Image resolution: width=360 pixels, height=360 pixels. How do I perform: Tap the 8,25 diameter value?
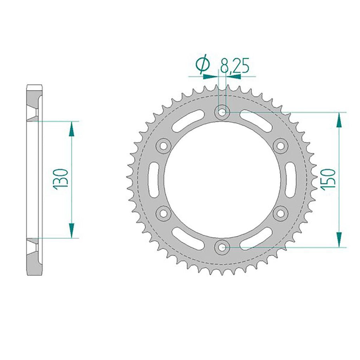(x=234, y=65)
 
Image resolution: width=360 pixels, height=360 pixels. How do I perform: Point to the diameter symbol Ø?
(x=203, y=64)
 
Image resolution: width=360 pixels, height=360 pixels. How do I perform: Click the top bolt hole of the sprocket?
(x=222, y=112)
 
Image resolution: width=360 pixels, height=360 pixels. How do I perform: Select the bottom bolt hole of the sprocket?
(x=222, y=247)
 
